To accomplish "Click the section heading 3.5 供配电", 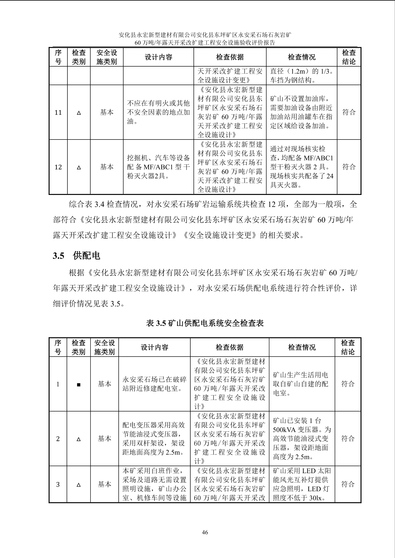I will pos(76,256).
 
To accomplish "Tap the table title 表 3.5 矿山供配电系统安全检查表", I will pos(205,323).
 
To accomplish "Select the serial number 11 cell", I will pos(58,112).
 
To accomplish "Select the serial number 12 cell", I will pos(58,167).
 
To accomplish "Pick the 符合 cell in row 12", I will pos(349,167).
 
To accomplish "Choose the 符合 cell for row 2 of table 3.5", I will pos(348,438).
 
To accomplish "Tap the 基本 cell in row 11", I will pos(107,112).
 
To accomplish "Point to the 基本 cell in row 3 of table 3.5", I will pos(105,484).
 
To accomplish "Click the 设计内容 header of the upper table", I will pos(158,57).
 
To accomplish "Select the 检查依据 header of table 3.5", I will pos(230,347).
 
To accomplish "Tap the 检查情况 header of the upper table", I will pos(302,57).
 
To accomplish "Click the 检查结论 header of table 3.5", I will pos(348,347).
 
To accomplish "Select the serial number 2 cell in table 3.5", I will pos(58,439).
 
